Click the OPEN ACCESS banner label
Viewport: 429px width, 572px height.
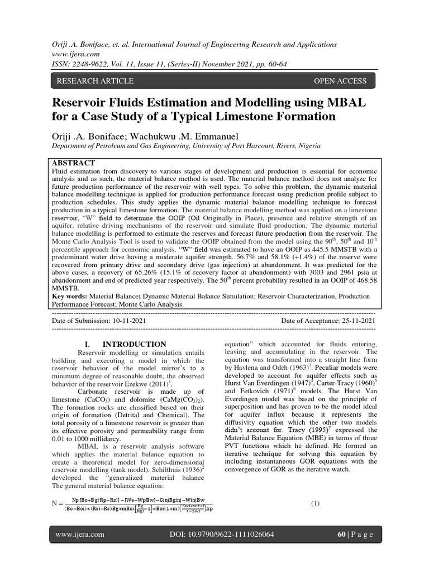(340, 81)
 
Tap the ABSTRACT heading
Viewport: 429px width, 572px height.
(73, 163)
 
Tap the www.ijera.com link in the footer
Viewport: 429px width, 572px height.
(81, 535)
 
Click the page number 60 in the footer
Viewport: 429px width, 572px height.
(342, 535)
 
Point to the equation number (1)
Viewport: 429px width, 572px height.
(316, 503)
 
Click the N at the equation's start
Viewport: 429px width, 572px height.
(55, 504)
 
